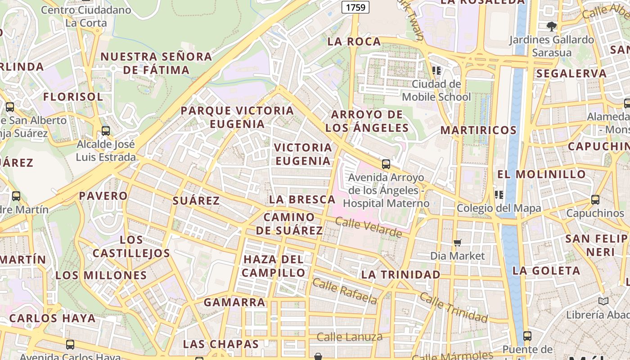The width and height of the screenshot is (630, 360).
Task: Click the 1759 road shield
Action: (355, 7)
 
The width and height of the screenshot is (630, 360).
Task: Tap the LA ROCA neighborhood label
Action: (354, 41)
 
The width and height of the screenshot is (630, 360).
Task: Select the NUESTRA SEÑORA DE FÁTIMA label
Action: (156, 63)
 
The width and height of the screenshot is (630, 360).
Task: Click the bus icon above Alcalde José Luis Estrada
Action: (106, 131)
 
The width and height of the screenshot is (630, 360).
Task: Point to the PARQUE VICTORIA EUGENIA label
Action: (237, 117)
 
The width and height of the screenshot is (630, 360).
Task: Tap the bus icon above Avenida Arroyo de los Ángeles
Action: (386, 164)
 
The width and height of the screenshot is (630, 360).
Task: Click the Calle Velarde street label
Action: (369, 228)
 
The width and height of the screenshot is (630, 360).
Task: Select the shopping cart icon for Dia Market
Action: (458, 243)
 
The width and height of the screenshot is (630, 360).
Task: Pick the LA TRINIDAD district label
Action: (401, 274)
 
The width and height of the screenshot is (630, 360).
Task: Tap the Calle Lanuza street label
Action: (350, 337)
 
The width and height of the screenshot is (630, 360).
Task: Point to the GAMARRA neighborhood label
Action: (234, 302)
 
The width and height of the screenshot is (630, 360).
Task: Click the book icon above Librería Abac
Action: (603, 301)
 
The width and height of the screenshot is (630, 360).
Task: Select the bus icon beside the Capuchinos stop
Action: (595, 199)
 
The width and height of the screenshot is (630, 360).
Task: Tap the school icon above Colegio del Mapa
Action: (499, 194)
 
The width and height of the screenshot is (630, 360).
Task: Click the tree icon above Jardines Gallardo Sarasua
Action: (552, 26)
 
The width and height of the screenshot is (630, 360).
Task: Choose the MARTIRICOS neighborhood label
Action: (478, 130)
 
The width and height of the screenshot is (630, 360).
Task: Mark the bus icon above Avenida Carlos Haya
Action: (70, 345)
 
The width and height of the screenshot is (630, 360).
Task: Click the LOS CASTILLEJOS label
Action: (131, 246)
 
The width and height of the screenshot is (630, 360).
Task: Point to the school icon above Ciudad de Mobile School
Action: (436, 70)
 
